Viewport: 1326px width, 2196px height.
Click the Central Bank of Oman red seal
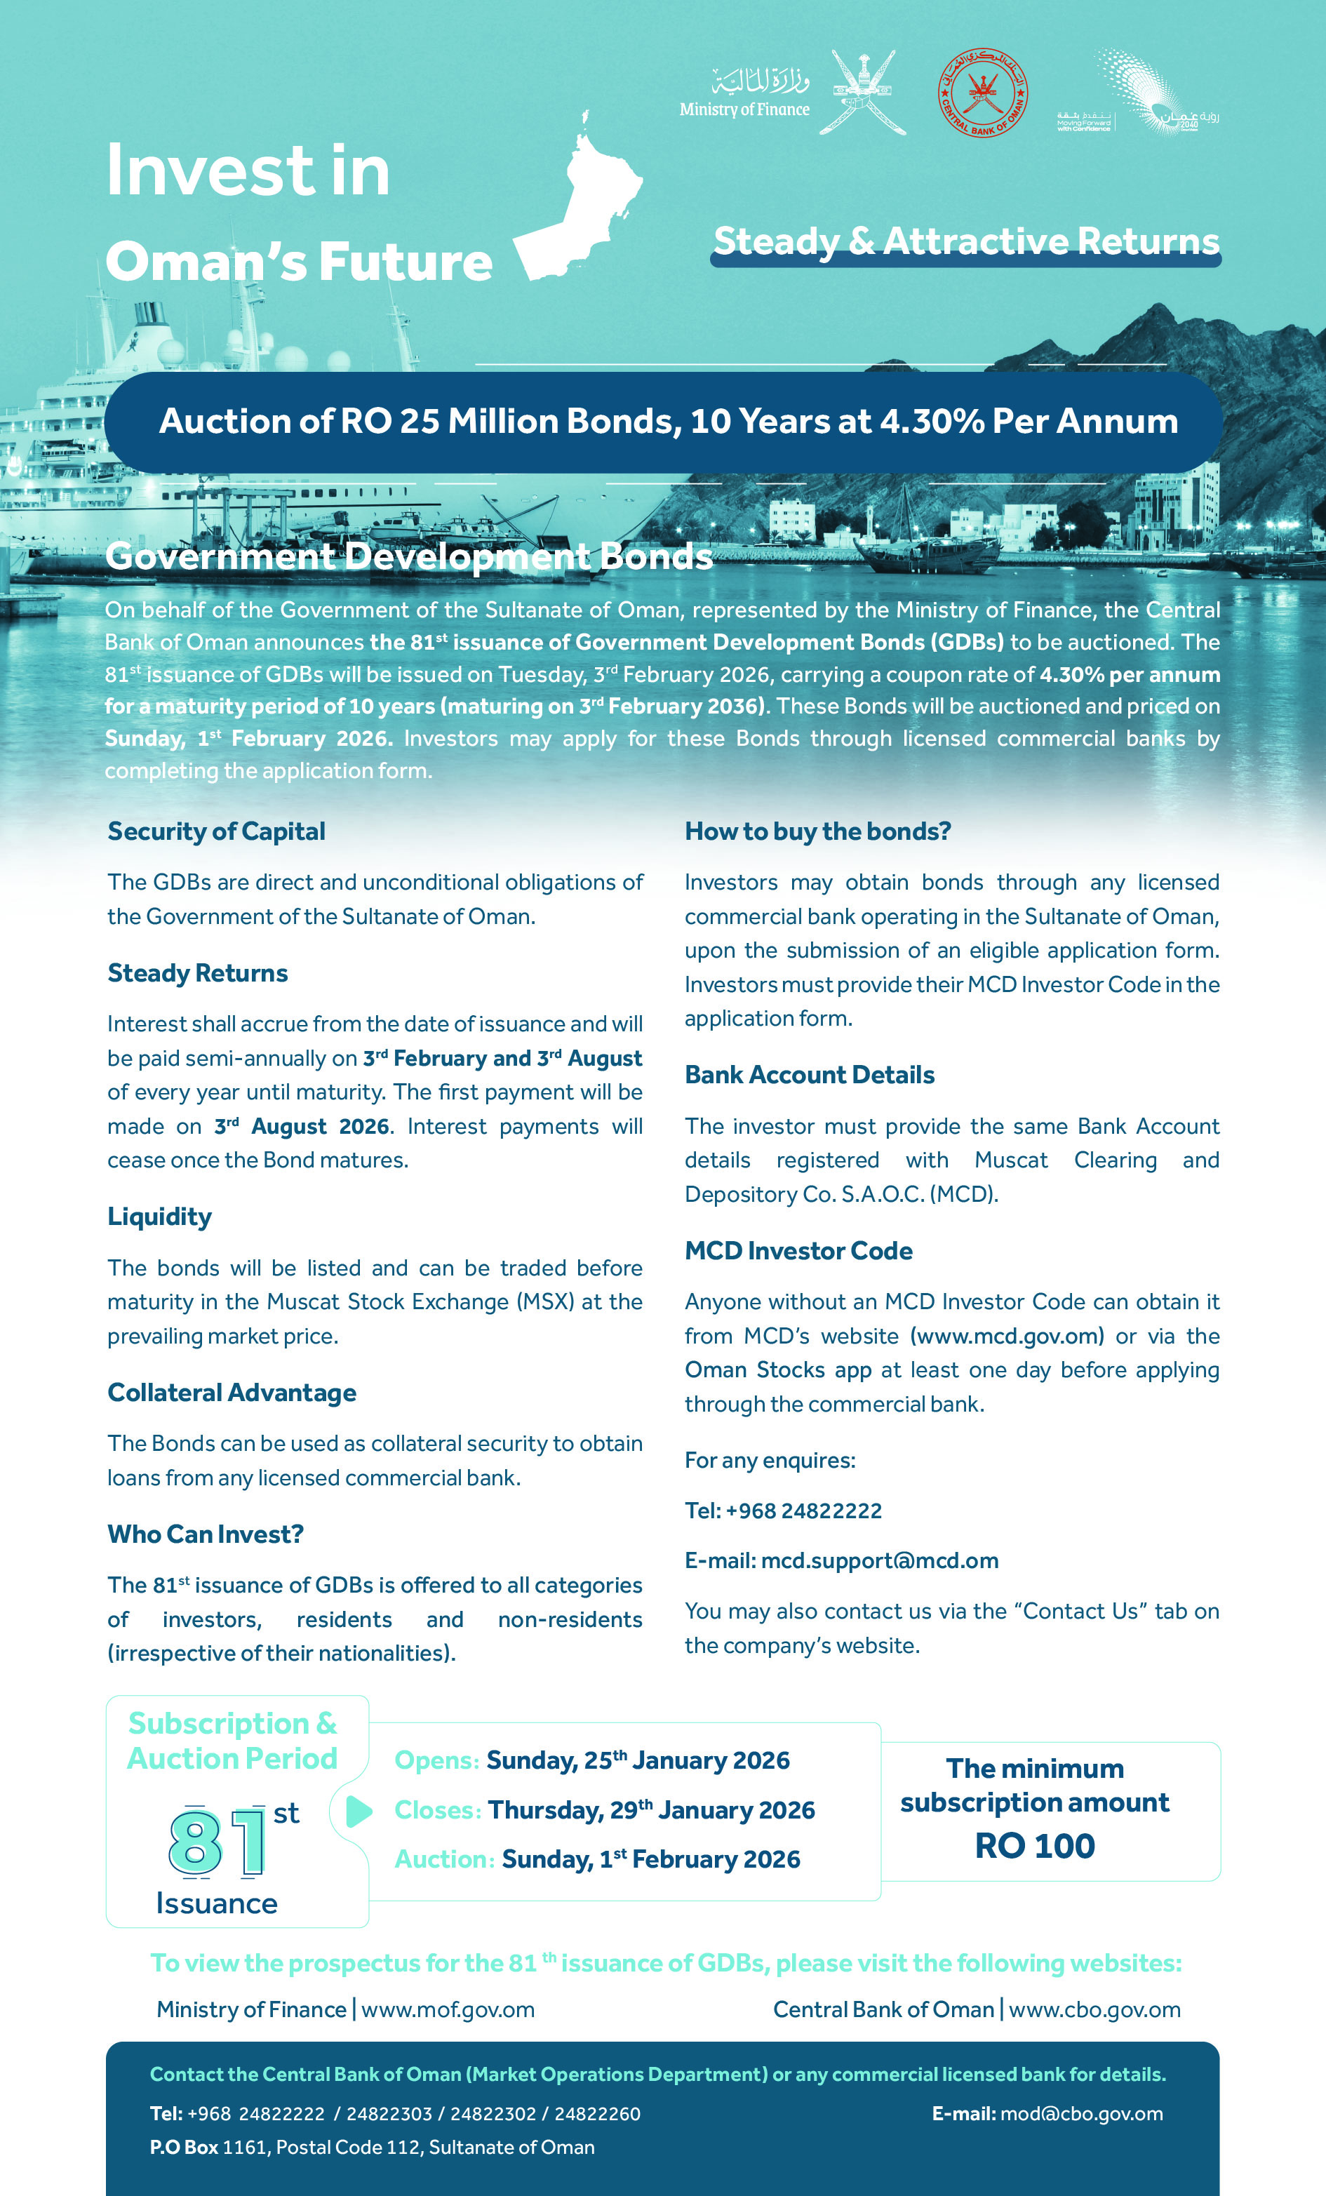[x=982, y=92]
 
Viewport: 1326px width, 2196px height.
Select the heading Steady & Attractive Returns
[x=966, y=241]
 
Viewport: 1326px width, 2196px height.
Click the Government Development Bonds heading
[x=408, y=556]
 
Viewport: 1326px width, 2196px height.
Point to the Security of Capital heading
[x=217, y=831]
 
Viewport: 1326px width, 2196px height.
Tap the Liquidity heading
[x=159, y=1217]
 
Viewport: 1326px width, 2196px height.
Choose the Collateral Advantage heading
[x=232, y=1392]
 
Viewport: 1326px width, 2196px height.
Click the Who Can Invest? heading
[x=206, y=1534]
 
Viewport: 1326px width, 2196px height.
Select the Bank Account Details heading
[x=809, y=1075]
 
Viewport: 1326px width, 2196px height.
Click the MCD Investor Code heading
[x=798, y=1250]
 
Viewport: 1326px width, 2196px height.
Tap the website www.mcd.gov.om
[x=1007, y=1336]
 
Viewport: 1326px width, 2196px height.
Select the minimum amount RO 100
[x=1035, y=1846]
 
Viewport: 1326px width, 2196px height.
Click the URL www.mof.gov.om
[x=448, y=2010]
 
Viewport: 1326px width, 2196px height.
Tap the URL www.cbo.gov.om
[x=1094, y=2010]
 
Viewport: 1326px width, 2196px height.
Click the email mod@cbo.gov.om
[x=1081, y=2113]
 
